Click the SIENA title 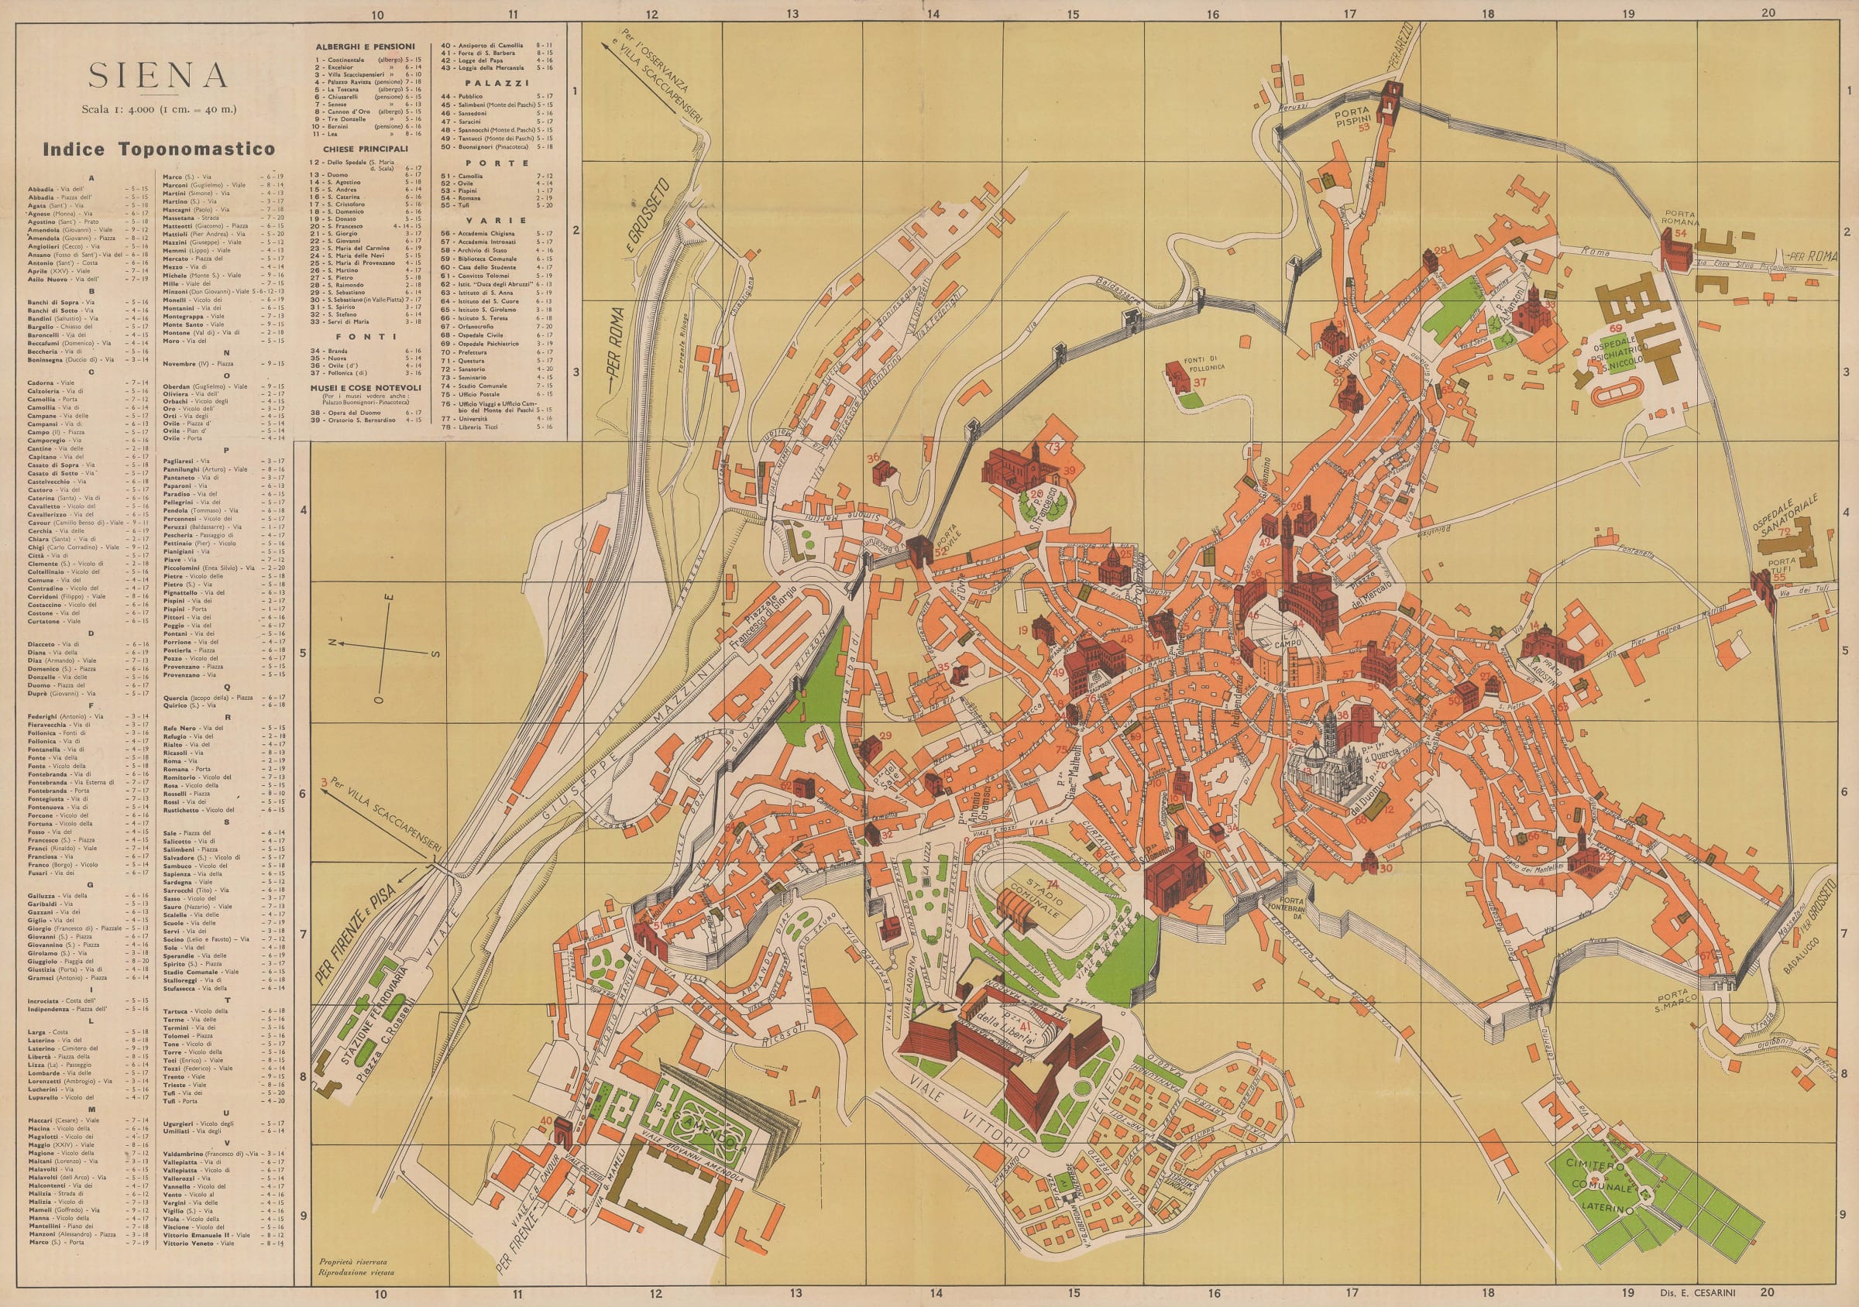(x=158, y=76)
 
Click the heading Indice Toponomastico (x=159, y=149)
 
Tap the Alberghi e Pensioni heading (x=365, y=47)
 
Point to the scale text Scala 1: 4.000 (x=159, y=109)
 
